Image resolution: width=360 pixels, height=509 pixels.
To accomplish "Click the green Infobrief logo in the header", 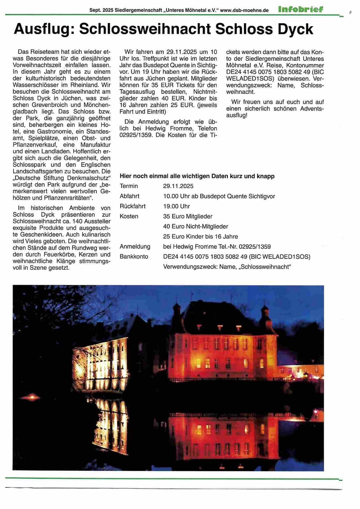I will [300, 9].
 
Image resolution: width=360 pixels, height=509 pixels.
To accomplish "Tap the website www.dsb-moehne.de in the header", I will [244, 10].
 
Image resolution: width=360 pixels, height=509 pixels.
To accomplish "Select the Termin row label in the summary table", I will [129, 186].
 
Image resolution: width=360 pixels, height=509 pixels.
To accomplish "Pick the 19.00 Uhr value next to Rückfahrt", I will [176, 206].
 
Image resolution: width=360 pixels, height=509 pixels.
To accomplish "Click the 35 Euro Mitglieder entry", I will [187, 216].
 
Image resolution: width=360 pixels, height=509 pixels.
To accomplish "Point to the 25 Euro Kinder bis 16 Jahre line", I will [200, 236].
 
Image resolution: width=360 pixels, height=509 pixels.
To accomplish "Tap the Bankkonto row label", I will [134, 256].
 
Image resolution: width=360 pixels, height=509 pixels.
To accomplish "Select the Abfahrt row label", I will [129, 196].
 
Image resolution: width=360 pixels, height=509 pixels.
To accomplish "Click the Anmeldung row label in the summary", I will [135, 247].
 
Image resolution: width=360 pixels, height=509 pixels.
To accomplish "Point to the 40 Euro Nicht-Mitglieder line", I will [195, 227].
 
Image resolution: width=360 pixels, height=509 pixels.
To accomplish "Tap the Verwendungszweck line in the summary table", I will [227, 267].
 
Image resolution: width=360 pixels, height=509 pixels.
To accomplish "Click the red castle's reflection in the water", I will [223, 439].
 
